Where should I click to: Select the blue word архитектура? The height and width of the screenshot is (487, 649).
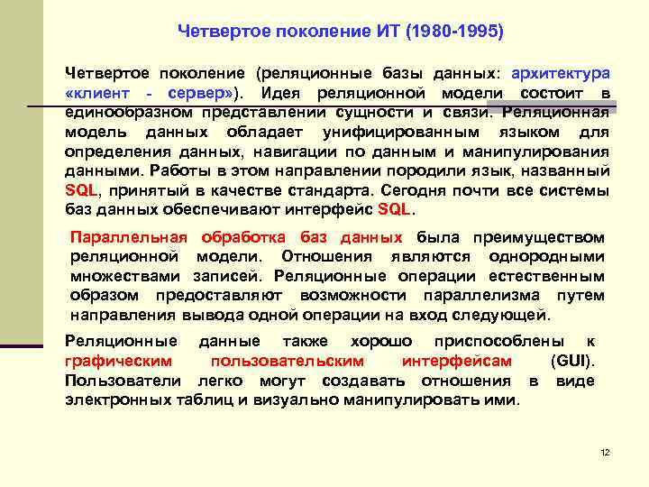pos(561,73)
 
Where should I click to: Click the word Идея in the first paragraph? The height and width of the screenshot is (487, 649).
pos(283,93)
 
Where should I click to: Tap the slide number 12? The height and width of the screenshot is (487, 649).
pos(605,452)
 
